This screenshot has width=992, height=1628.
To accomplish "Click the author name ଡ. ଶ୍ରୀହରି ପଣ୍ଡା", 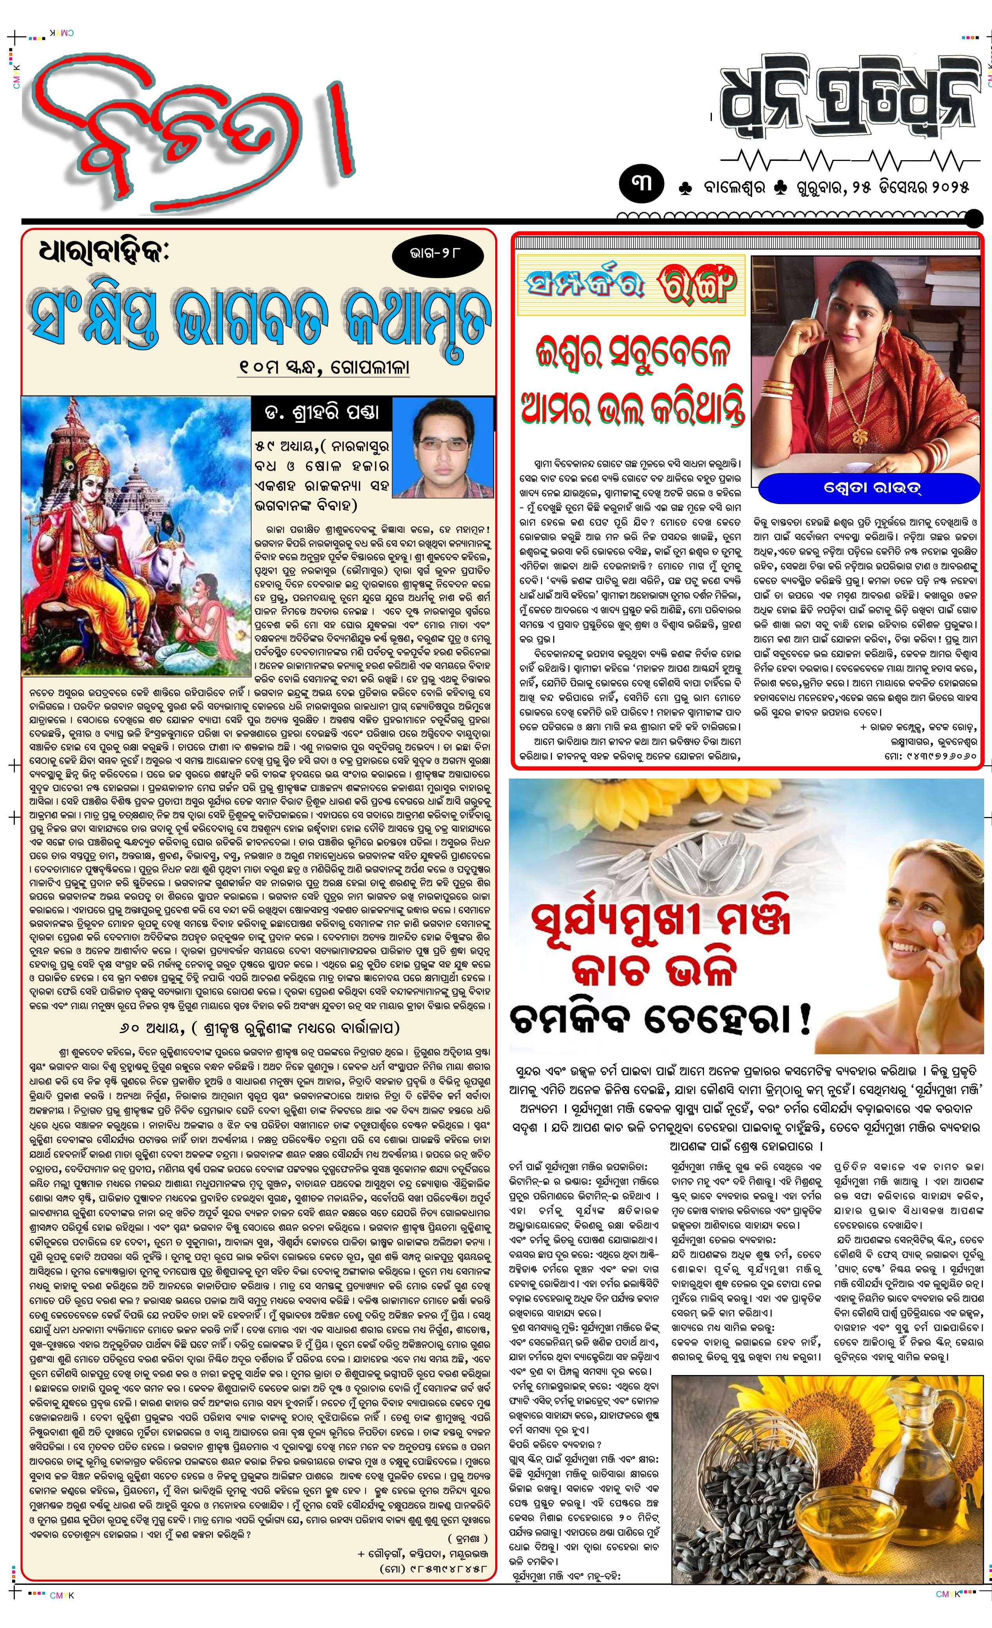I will pyautogui.click(x=322, y=413).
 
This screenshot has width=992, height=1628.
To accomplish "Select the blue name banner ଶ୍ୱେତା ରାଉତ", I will pyautogui.click(x=868, y=489).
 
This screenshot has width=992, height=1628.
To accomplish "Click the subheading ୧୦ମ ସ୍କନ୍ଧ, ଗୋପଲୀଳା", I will pyautogui.click(x=324, y=366).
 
